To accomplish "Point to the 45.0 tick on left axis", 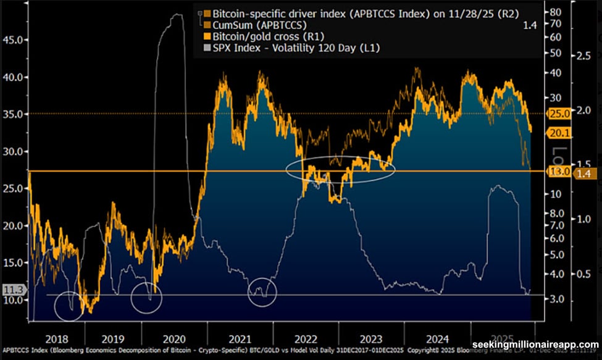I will pos(13,40).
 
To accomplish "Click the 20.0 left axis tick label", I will pos(13,225).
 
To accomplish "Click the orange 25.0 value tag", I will pos(560,114).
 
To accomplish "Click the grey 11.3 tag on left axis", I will pos(12,288).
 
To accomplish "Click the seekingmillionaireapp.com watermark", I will pos(535,345).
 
